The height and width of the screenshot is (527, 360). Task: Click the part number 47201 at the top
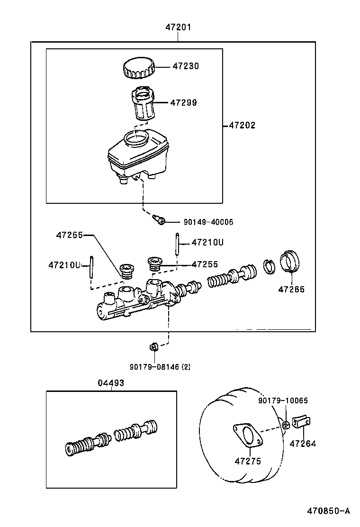point(178,27)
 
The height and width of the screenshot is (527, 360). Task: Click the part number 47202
point(242,126)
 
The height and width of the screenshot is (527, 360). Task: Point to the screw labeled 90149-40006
point(159,219)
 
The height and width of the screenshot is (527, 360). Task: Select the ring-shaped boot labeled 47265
point(289,262)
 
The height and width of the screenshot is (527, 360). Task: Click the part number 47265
point(291,289)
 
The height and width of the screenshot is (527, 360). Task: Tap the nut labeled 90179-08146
point(153,347)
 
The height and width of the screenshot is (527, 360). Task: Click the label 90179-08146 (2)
point(160,366)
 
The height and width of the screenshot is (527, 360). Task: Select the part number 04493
point(111,383)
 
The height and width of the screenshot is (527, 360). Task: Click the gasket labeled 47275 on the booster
point(247,436)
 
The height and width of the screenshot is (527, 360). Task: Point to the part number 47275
point(248,461)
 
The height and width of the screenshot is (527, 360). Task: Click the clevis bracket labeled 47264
point(301,422)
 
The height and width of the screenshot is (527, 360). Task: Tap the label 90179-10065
point(283,400)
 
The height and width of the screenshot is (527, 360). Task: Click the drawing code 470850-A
point(328,511)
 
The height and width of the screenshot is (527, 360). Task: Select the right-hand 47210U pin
point(178,244)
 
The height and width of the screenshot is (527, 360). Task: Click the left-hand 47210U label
point(64,265)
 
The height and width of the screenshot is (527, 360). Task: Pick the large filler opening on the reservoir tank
point(136,139)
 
